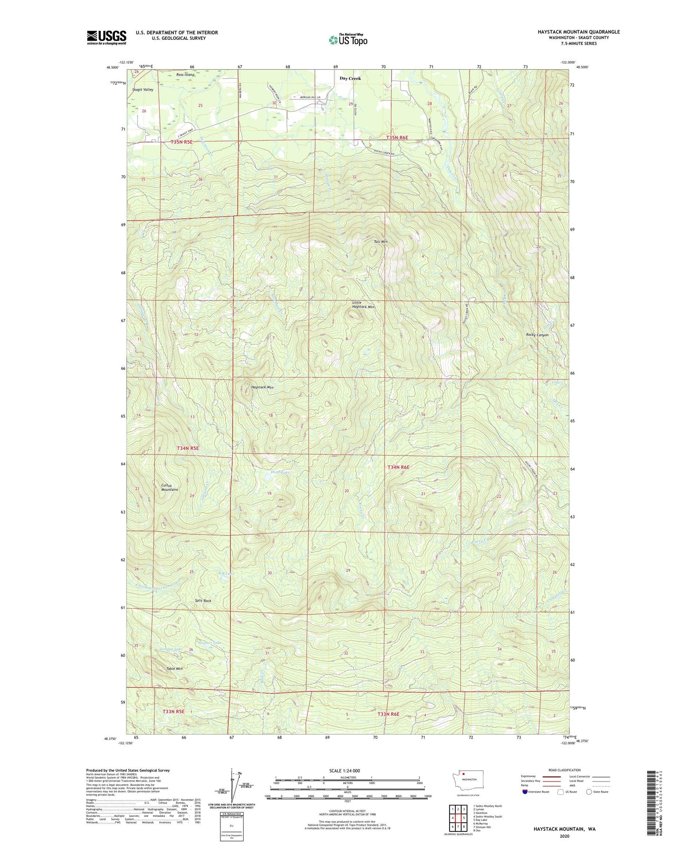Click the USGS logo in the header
[x=107, y=37]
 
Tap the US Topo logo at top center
[x=348, y=40]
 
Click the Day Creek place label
[x=350, y=78]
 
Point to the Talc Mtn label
[x=380, y=241]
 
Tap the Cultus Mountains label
[x=170, y=487]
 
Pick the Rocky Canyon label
[x=537, y=335]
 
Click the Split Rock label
[x=203, y=601]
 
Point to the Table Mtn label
[x=174, y=669]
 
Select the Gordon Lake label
[x=171, y=649]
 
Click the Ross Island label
[x=185, y=75]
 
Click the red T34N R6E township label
[x=398, y=467]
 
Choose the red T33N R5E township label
[x=173, y=711]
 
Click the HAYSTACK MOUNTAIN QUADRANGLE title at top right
[x=578, y=32]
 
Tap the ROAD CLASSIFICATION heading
[x=564, y=770]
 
